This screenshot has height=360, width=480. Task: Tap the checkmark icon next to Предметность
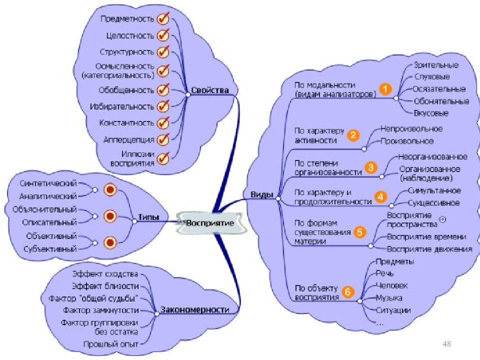(162, 19)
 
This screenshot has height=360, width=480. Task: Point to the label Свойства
(209, 90)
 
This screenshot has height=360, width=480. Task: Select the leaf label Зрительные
(435, 65)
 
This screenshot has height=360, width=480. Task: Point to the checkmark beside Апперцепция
(162, 139)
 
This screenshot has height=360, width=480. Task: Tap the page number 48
(447, 343)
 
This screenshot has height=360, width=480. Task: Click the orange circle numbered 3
(370, 167)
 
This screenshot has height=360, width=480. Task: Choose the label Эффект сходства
(104, 274)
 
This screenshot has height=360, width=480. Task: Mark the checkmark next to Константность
(162, 123)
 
